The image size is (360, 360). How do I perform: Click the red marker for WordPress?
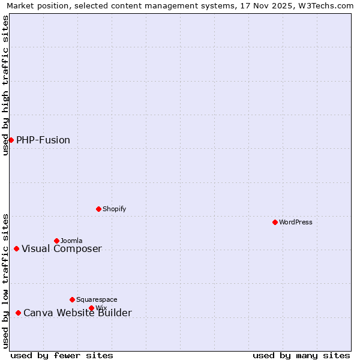(x=275, y=222)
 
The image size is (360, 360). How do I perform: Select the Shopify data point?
(x=98, y=209)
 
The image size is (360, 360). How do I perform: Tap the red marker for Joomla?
(x=56, y=241)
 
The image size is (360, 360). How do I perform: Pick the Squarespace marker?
(x=72, y=299)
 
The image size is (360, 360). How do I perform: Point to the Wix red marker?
(x=91, y=308)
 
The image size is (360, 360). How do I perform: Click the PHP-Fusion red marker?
(x=11, y=140)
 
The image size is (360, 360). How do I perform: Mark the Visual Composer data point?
(x=16, y=248)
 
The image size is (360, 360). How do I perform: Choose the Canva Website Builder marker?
(x=18, y=313)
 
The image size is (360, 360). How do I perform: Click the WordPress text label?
(x=296, y=222)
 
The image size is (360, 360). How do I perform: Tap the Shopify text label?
(x=114, y=209)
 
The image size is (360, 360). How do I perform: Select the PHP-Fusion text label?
(x=43, y=140)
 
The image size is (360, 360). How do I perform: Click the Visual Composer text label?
(x=62, y=249)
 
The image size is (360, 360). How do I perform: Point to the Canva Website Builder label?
(x=77, y=313)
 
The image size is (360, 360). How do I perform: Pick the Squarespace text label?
(x=97, y=299)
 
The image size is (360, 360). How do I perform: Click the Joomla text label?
(x=71, y=241)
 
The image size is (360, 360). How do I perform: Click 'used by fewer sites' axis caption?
(x=62, y=355)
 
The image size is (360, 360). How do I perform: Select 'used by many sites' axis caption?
(x=301, y=355)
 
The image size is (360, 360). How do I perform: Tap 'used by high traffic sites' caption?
(x=5, y=85)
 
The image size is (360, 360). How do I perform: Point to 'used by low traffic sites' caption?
(x=5, y=281)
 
